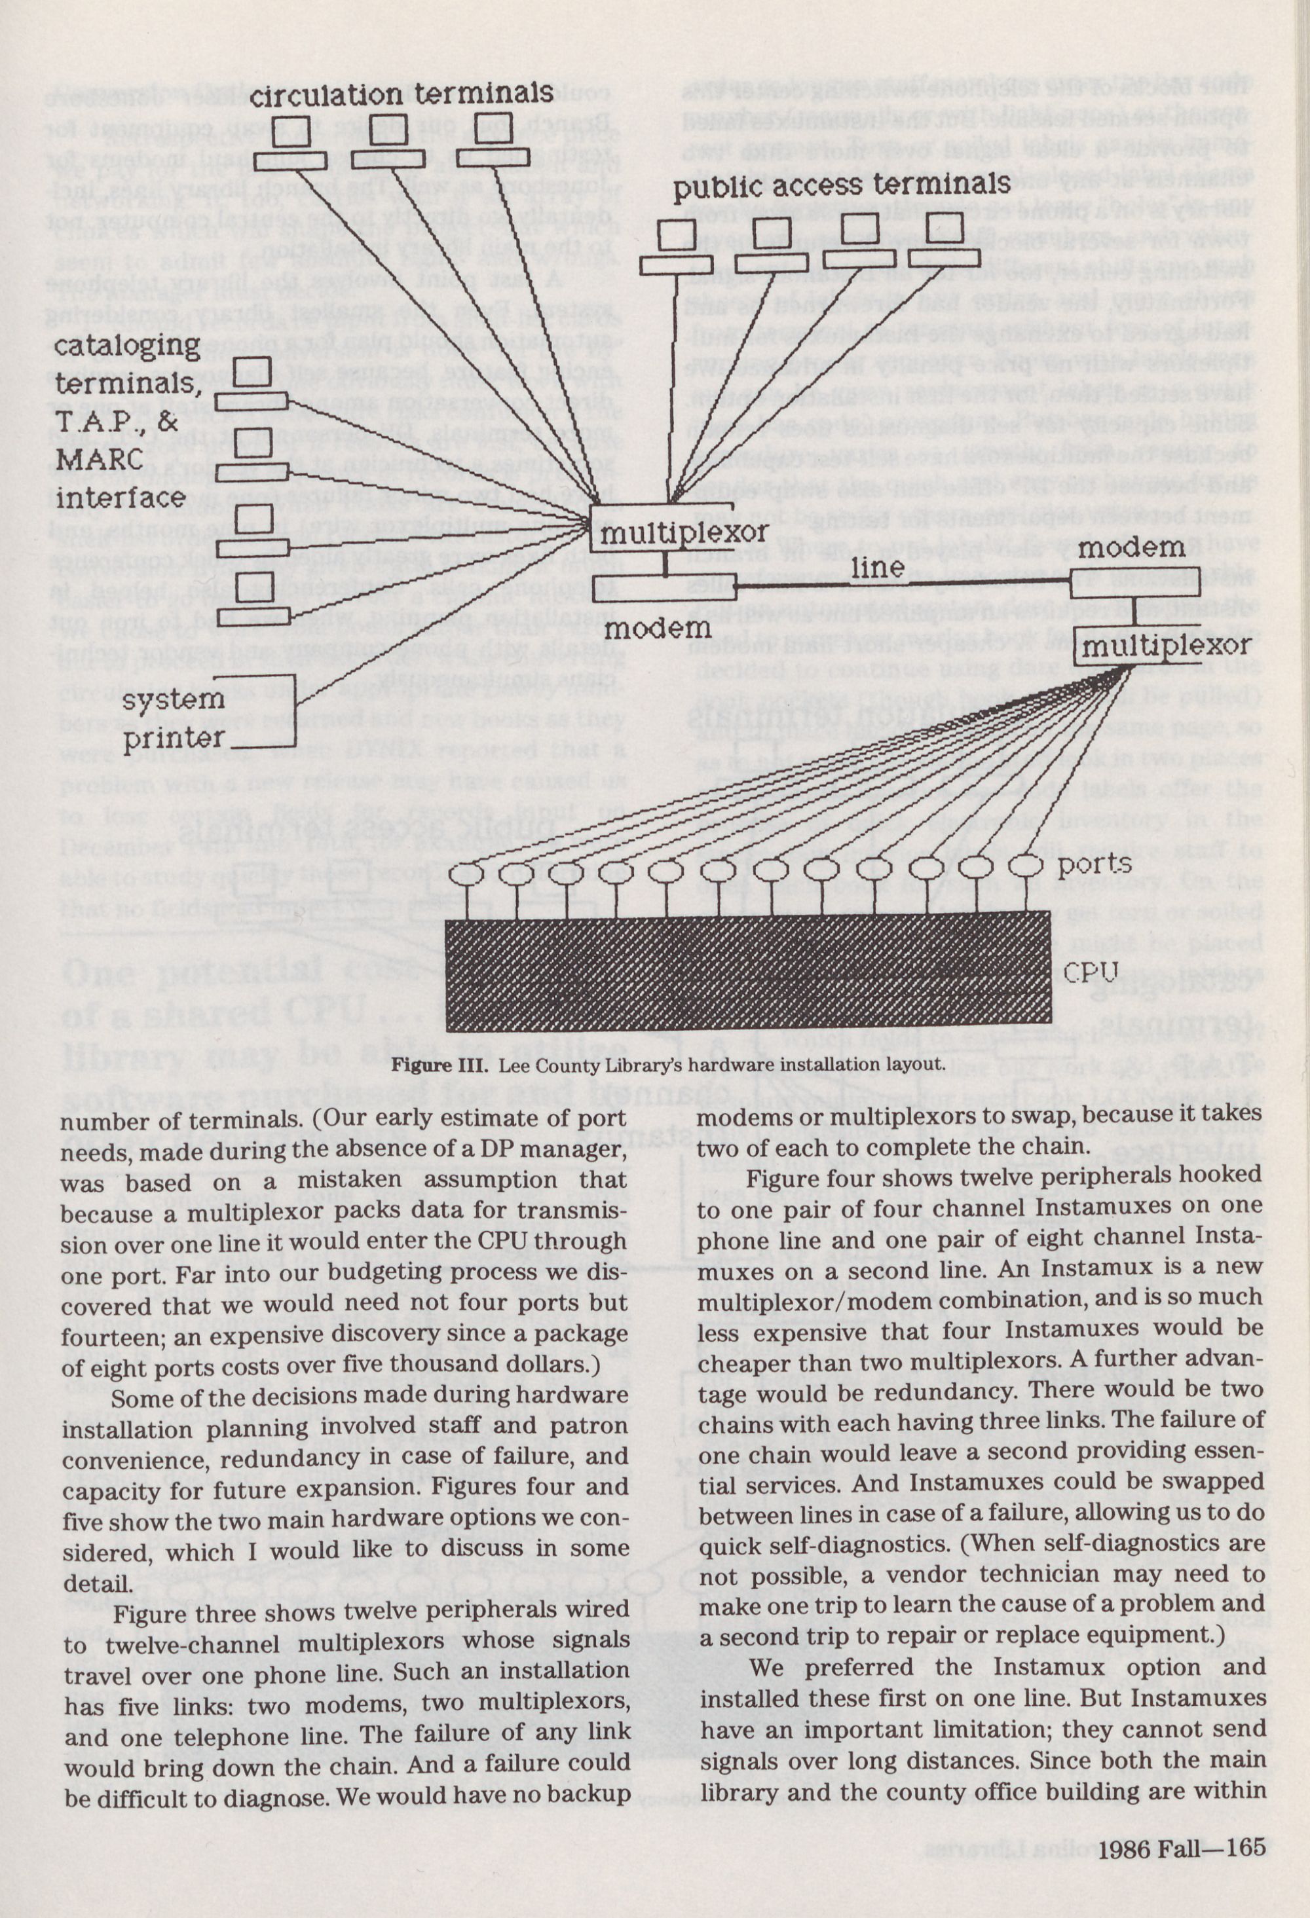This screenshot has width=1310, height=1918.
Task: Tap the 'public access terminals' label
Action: [x=842, y=186]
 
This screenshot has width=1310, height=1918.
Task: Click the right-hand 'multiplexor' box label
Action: [x=1165, y=646]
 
